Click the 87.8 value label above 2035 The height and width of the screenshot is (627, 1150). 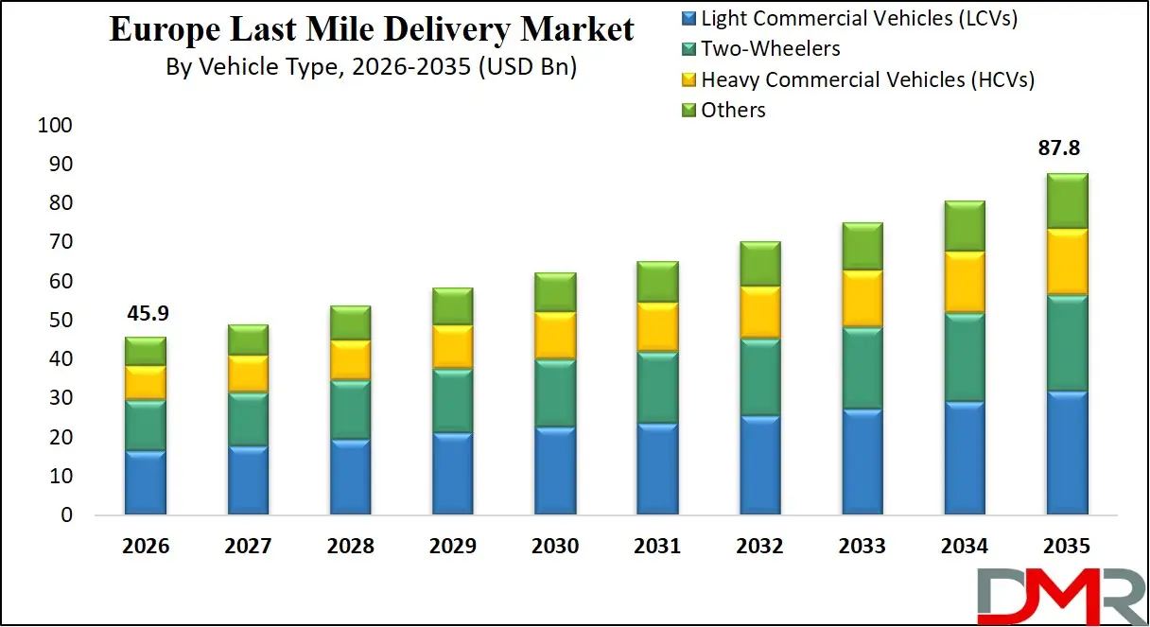click(x=1059, y=148)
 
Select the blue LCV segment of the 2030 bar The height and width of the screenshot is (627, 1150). click(x=553, y=471)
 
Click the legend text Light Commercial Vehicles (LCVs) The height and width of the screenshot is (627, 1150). click(x=859, y=18)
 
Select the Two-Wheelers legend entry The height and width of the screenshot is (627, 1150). click(x=770, y=48)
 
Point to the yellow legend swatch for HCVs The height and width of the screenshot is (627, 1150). click(x=688, y=80)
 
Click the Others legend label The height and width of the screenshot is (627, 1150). click(x=733, y=111)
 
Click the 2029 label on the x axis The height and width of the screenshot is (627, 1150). click(x=453, y=547)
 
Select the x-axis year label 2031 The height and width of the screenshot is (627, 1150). click(x=657, y=547)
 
